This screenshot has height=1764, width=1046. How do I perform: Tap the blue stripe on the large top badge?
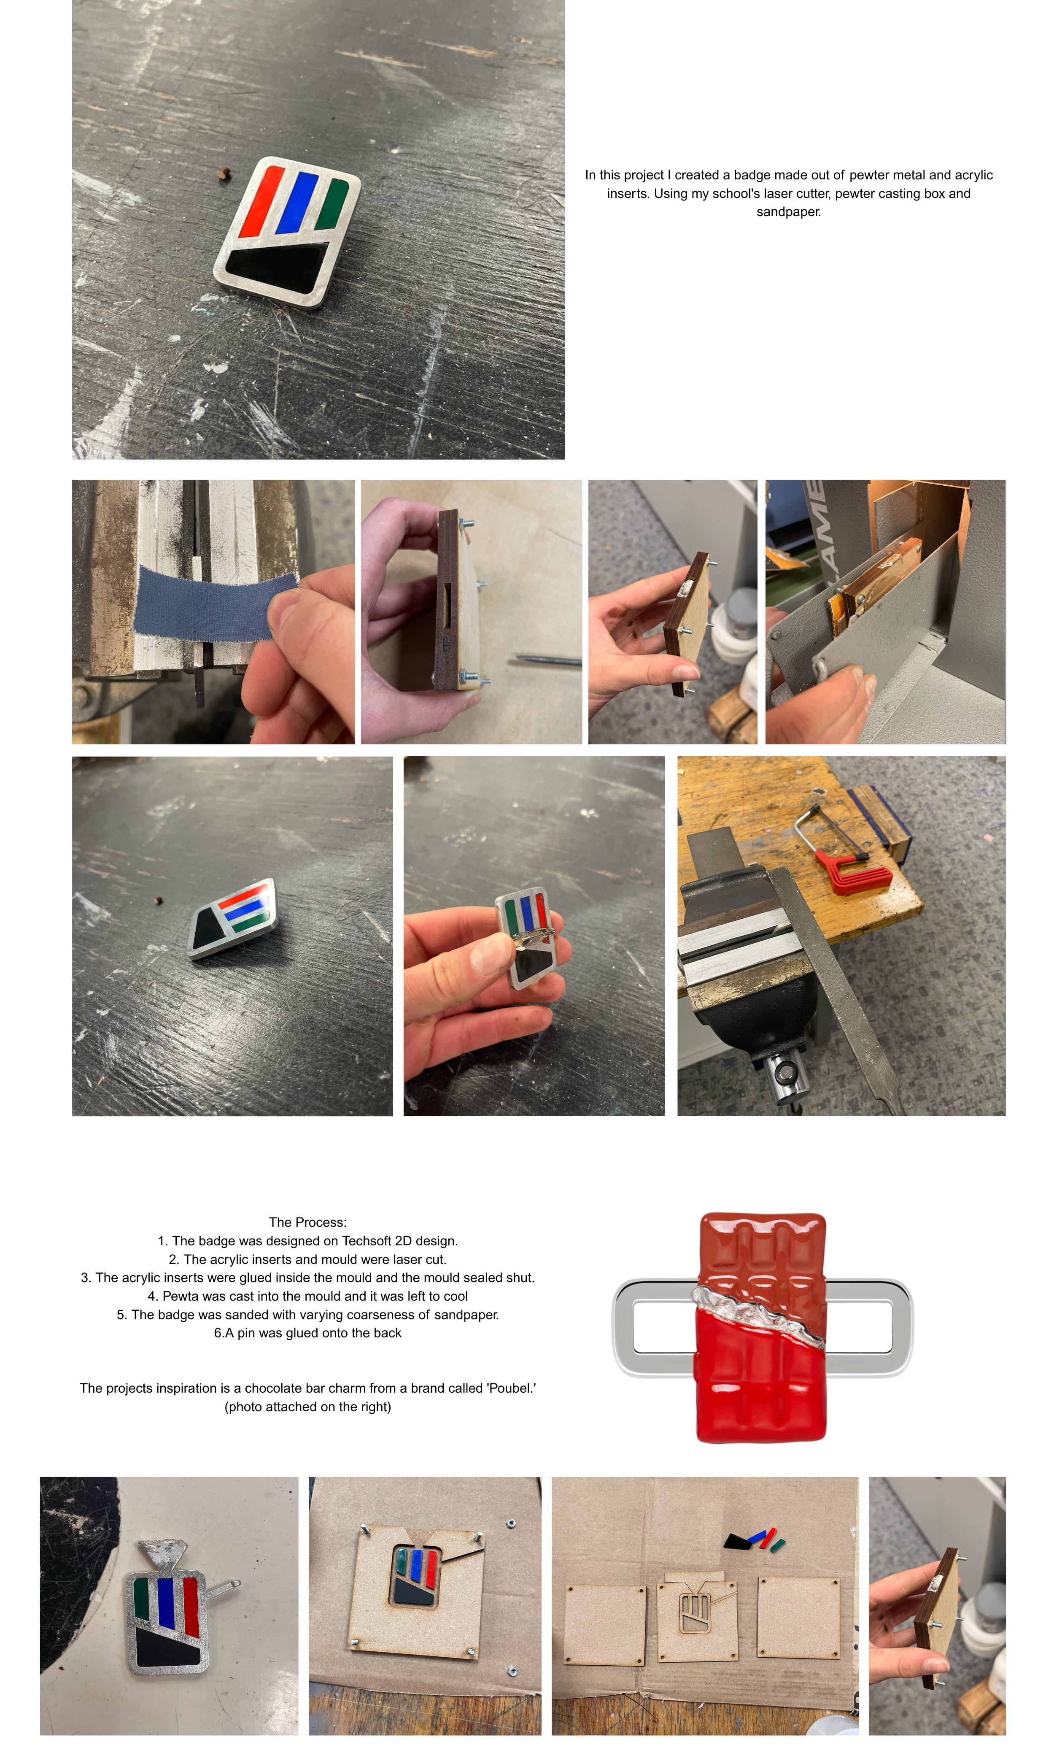point(297,202)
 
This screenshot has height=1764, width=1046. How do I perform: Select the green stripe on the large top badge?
point(331,204)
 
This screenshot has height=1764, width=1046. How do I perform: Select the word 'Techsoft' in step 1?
point(367,1240)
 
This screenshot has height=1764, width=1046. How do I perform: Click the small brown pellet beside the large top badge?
point(224,173)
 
